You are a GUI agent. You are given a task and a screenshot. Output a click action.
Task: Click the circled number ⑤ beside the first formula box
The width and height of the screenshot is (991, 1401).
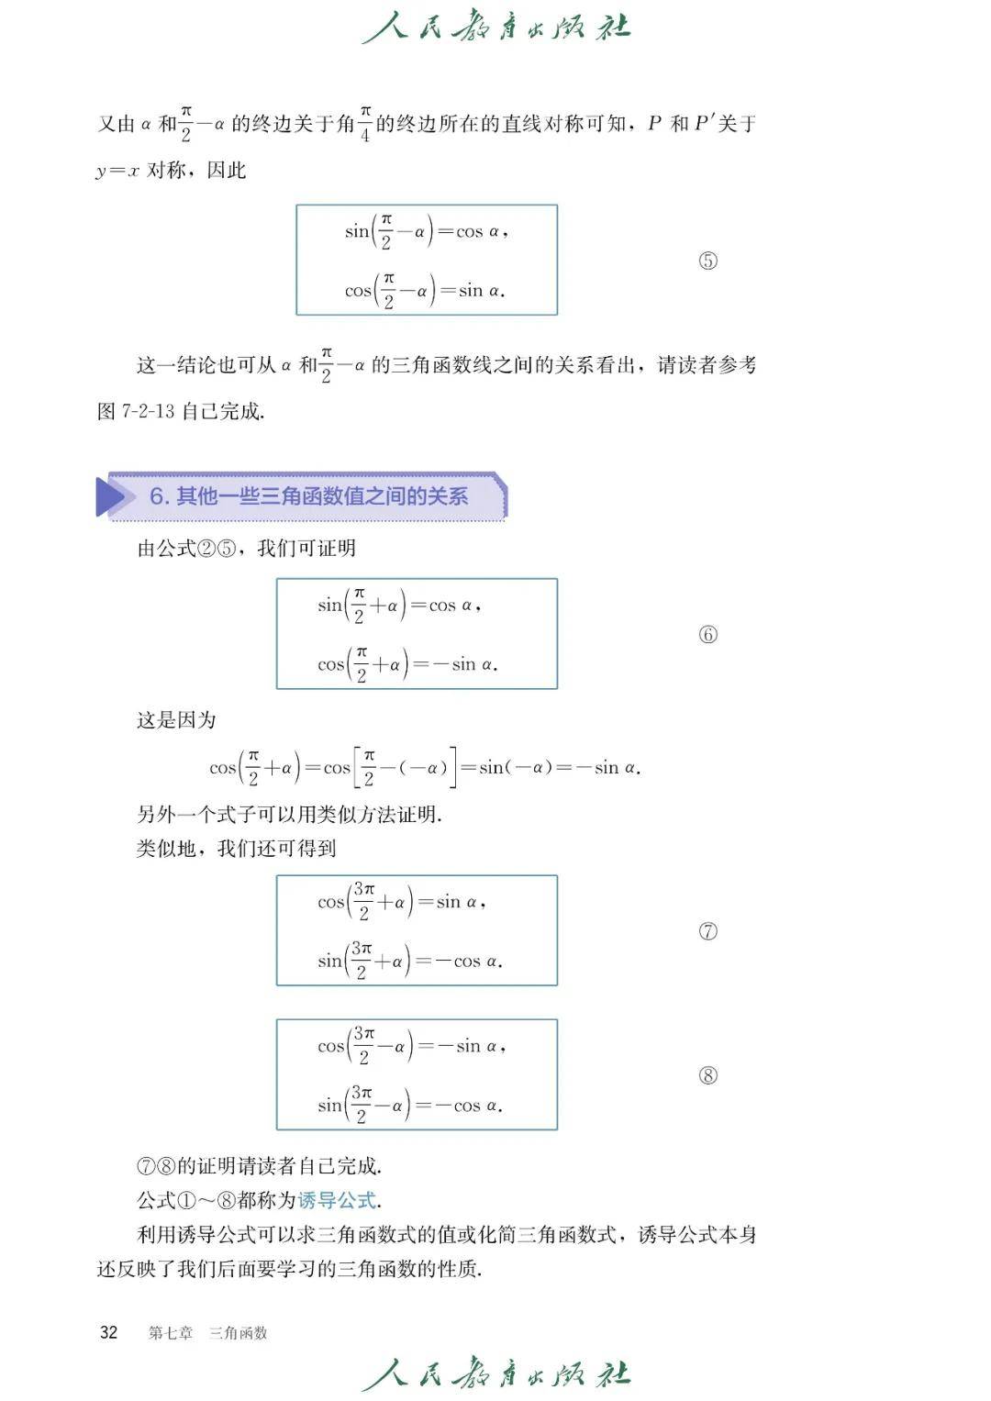coord(707,261)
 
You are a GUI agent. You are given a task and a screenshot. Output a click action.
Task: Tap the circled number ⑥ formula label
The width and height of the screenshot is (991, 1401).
coord(707,634)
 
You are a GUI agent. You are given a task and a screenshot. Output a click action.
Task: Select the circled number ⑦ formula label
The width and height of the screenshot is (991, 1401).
coord(707,931)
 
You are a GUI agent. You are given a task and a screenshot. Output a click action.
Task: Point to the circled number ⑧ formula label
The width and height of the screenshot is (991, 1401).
coord(707,1075)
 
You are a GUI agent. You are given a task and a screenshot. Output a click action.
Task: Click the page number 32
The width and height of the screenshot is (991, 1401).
coord(108,1332)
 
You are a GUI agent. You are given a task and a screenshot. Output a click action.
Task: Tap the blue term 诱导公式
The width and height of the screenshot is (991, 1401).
coord(337,1200)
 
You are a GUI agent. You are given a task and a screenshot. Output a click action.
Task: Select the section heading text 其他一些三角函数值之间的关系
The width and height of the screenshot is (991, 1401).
coord(321,496)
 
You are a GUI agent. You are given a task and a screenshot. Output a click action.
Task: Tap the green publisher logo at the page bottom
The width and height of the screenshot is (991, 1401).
coord(495,1374)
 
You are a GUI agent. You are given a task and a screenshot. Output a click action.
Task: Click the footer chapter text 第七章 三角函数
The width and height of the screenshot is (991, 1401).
coord(207,1333)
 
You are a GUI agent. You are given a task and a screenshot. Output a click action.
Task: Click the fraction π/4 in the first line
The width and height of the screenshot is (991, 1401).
coord(364,124)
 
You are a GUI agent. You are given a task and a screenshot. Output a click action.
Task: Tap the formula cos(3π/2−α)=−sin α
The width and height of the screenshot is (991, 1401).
coord(411,1047)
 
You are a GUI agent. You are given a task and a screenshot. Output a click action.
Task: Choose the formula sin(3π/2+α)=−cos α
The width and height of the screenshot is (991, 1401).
coord(409,962)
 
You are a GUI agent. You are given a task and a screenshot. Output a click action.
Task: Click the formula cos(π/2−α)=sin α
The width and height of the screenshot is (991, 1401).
coord(424,292)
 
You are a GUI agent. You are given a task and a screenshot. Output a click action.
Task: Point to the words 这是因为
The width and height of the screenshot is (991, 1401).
coord(176,720)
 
